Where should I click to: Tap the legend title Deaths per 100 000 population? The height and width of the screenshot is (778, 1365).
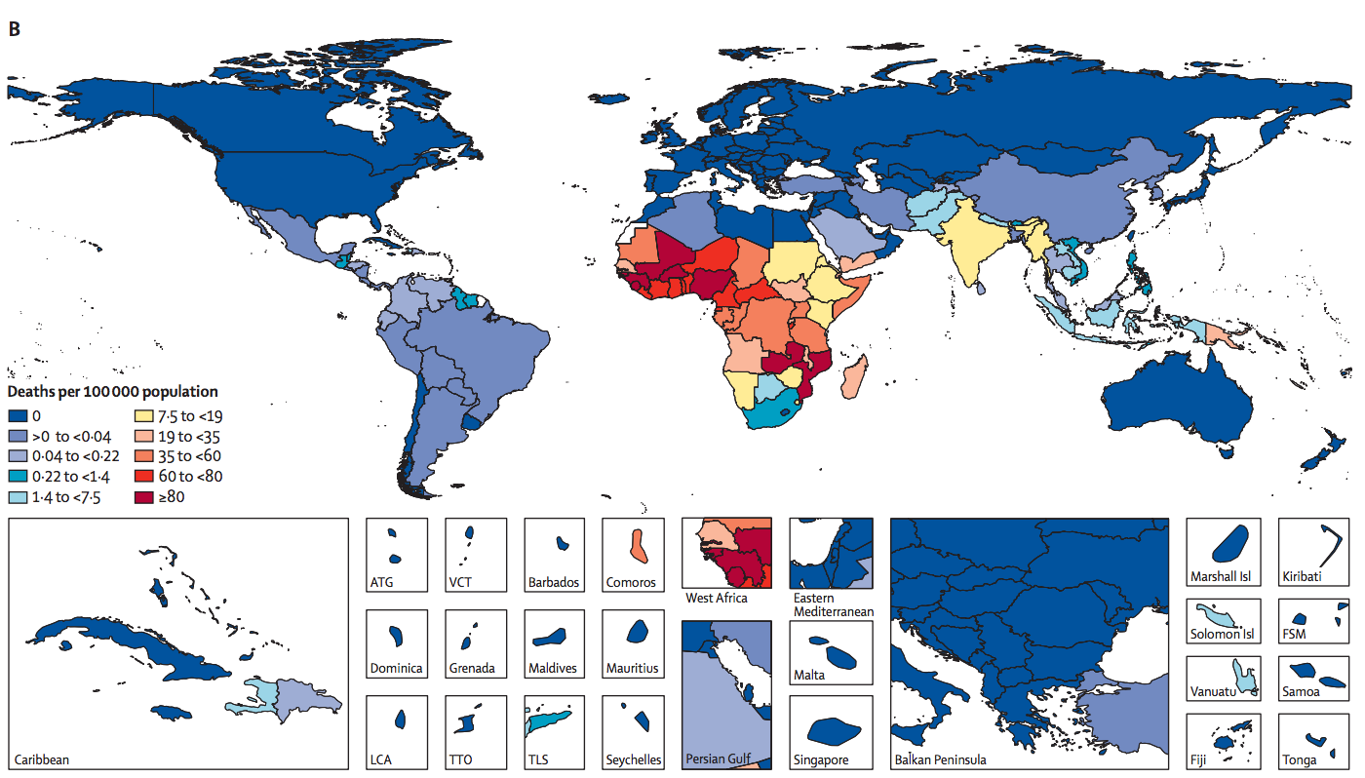point(113,392)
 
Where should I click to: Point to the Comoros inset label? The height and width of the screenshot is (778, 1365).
point(631,583)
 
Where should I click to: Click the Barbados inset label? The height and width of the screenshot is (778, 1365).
point(554,583)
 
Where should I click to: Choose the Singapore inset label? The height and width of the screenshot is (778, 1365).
point(821,759)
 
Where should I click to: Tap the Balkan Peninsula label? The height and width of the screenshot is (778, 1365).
point(940,759)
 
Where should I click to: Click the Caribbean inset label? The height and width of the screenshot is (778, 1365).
point(42,759)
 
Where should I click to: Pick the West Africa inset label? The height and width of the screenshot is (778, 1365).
point(717,598)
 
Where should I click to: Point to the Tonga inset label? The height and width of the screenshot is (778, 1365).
point(1300,759)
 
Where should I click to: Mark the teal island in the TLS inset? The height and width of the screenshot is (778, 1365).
point(549,722)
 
